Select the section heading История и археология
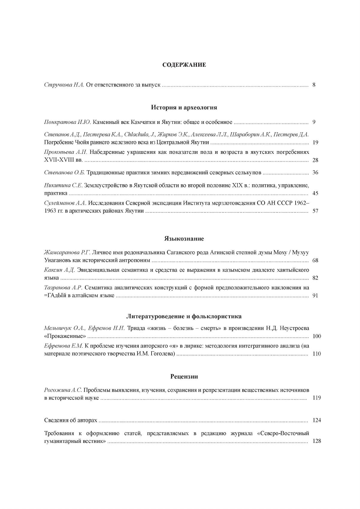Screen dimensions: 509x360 [x=184, y=107]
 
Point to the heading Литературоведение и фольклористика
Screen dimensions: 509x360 [x=184, y=316]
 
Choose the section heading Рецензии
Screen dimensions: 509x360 [x=184, y=376]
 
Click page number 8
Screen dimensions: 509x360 [x=314, y=85]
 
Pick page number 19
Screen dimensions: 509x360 [x=315, y=142]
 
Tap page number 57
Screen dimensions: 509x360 [x=315, y=211]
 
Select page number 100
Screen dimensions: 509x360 [x=317, y=336]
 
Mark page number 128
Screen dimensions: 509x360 [x=317, y=441]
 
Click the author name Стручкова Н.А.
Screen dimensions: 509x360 [x=64, y=85]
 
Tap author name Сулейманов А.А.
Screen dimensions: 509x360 [x=65, y=203]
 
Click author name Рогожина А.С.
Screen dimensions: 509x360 [x=63, y=390]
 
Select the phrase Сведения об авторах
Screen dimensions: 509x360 [x=70, y=420]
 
